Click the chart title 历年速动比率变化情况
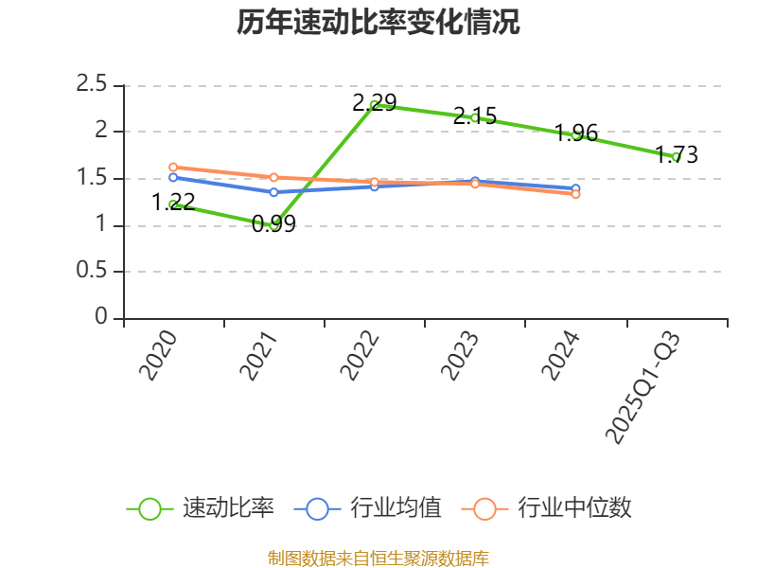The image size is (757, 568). coord(378,23)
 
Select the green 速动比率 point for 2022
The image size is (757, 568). coord(375,105)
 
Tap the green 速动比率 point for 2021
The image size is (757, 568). coord(274,225)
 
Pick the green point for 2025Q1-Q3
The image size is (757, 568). coord(677,157)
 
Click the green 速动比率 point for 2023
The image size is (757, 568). coord(475,117)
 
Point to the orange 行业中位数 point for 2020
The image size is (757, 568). coord(173,168)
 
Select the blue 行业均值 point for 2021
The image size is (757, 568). coord(274,192)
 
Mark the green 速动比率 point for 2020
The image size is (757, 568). coord(173,204)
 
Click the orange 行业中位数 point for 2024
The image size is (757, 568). coord(575,194)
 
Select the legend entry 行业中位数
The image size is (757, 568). coord(547,508)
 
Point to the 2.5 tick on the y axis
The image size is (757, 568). coord(93,85)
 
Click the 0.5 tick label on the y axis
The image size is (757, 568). coord(93,272)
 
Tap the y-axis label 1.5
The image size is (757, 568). coord(93,179)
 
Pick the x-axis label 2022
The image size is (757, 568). coord(361,355)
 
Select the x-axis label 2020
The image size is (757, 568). coord(159,355)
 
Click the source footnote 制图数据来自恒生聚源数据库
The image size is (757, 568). coord(378,558)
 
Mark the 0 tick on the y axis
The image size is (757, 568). coord(102,318)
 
